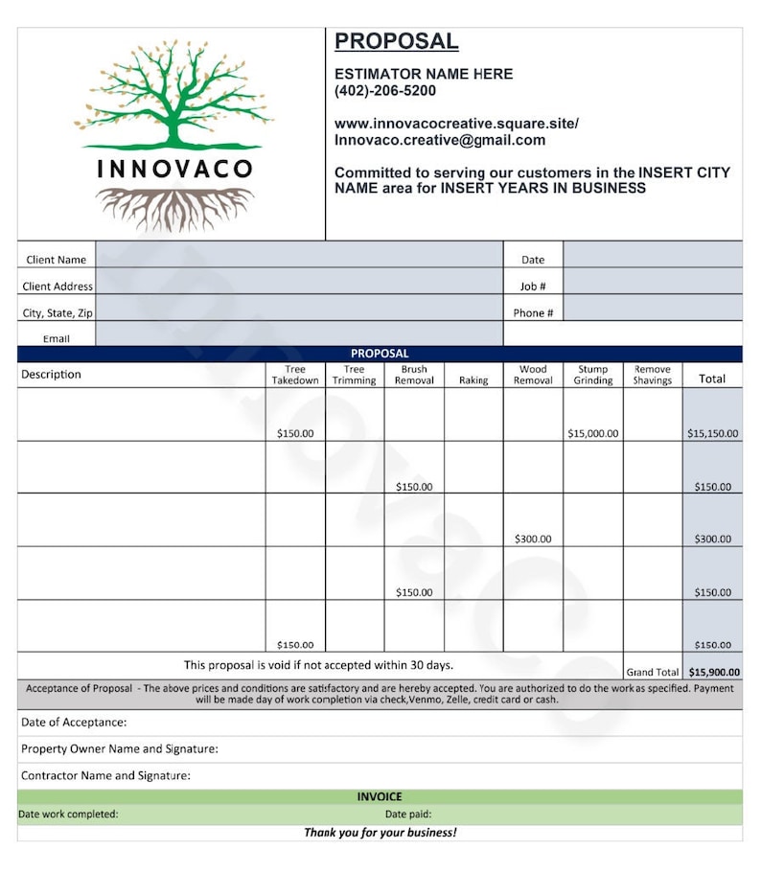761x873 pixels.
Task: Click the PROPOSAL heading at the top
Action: pos(396,41)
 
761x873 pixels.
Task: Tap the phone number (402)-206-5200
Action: pos(384,91)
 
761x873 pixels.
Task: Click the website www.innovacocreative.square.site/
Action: pos(456,124)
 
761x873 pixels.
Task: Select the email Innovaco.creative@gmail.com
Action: pos(439,140)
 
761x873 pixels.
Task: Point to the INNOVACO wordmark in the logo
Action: pos(174,170)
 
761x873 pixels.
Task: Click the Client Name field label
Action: pos(56,260)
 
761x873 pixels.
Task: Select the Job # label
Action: pos(533,287)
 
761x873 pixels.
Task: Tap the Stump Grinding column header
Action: pos(592,375)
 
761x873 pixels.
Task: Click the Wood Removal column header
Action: pos(533,375)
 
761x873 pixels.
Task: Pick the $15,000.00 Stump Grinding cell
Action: pos(592,433)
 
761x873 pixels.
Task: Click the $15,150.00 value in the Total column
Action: pos(712,433)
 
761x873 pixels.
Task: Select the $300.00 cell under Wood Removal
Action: pos(533,540)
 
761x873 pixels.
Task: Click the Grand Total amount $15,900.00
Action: pos(714,673)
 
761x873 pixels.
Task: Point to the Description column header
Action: pos(52,375)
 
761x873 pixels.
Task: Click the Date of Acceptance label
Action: pos(74,723)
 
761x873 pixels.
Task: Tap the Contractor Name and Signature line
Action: pos(105,775)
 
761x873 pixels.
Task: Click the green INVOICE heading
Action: pos(380,796)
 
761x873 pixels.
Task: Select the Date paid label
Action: pos(408,815)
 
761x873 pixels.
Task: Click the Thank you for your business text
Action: pos(380,832)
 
